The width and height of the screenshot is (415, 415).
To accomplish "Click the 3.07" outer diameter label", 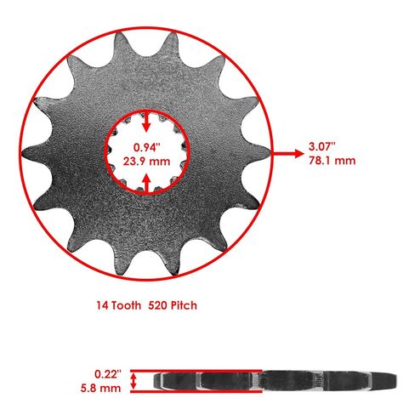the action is [x=322, y=147].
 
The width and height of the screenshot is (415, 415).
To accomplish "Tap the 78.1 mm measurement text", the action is [x=332, y=161].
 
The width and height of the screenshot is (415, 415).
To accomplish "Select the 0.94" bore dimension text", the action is [x=147, y=147].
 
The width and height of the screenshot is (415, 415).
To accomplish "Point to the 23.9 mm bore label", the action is [x=146, y=162].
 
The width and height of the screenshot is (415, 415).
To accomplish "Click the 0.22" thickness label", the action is [x=108, y=374].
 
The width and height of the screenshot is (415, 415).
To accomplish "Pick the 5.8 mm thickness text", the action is [x=100, y=388].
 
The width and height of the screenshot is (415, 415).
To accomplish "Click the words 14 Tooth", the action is [x=119, y=305].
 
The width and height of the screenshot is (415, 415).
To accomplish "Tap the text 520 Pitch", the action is [x=173, y=305].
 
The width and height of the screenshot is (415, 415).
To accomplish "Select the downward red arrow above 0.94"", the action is [x=146, y=121].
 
